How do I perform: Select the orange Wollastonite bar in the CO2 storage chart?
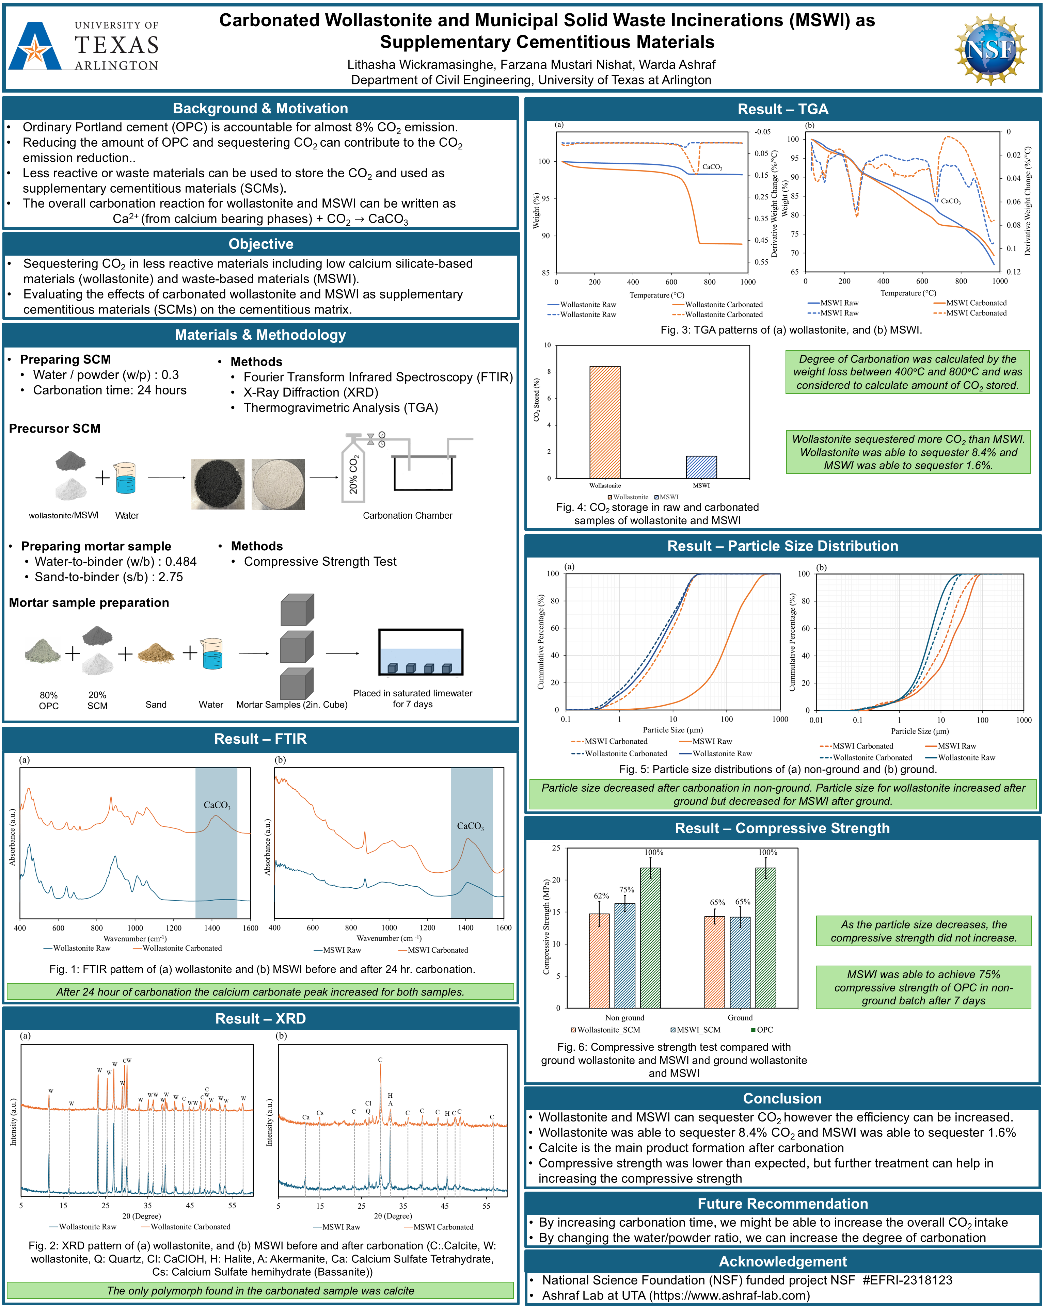pyautogui.click(x=605, y=422)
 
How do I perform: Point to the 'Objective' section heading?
pyautogui.click(x=261, y=244)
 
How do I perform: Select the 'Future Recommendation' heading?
pyautogui.click(x=782, y=1203)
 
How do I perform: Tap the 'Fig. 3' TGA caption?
pyautogui.click(x=791, y=330)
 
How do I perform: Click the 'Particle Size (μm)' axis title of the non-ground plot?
pyautogui.click(x=672, y=730)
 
